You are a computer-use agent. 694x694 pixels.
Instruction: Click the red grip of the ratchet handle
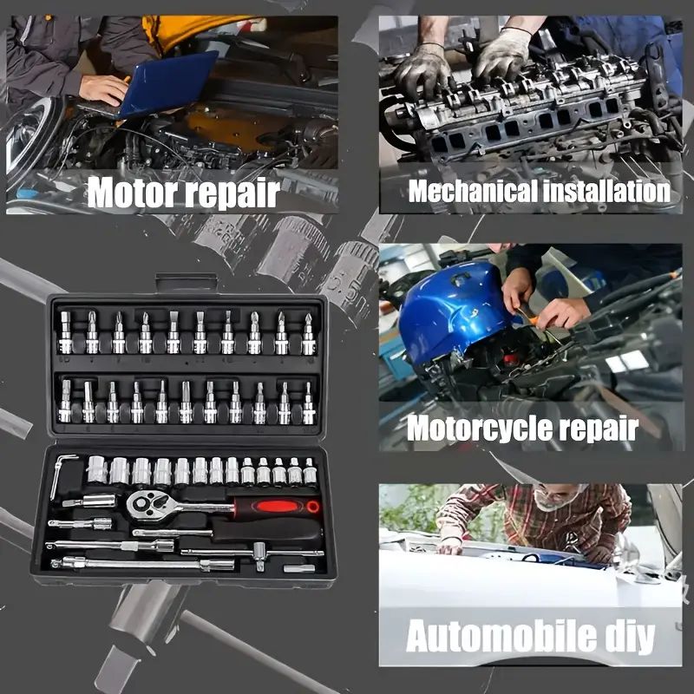[x=278, y=507]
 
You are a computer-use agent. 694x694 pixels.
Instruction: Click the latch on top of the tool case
[x=185, y=284]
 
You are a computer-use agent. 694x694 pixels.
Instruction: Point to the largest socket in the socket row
[x=96, y=470]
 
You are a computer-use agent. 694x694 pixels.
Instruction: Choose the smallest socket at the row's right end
[x=310, y=472]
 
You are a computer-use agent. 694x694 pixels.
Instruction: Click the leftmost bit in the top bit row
[x=66, y=334]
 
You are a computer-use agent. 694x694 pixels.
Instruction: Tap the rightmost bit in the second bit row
[x=308, y=403]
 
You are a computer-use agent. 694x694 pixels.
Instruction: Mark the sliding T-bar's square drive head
[x=259, y=553]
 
